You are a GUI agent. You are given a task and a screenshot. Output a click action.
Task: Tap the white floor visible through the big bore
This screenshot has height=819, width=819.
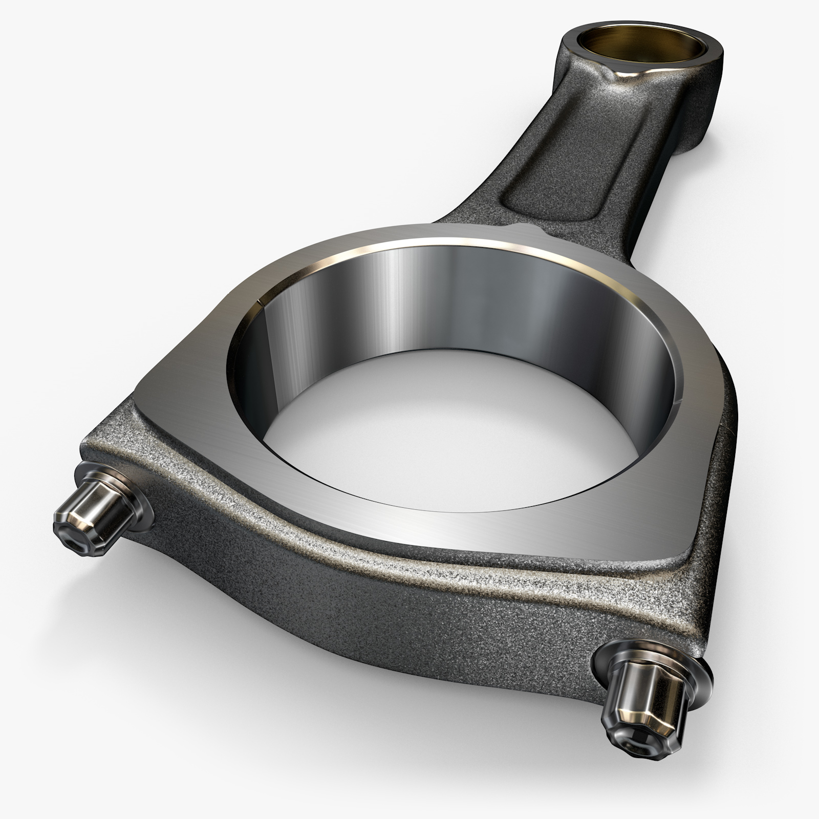click(x=450, y=430)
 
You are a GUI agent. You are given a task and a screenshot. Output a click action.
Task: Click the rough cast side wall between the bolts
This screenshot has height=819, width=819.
click(x=384, y=630)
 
